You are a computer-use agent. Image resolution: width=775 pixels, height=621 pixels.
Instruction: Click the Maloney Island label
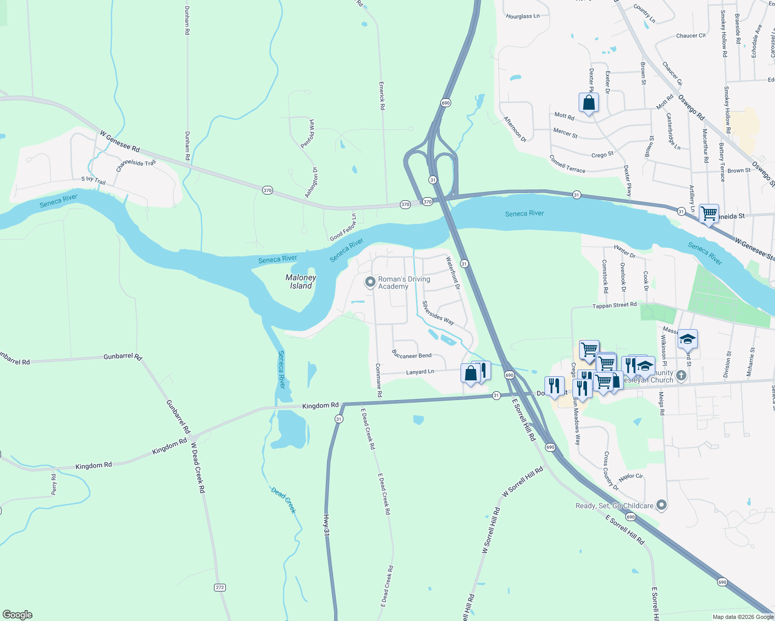[300, 282]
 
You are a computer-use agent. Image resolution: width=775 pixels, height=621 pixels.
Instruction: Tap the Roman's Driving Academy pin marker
[370, 282]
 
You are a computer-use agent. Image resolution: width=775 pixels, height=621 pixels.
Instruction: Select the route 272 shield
[220, 587]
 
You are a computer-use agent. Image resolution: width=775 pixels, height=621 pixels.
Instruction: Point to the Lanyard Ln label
[420, 372]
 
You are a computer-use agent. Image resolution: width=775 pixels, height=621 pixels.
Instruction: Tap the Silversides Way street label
[438, 313]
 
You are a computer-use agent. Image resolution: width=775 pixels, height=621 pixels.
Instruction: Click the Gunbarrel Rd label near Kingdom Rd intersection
[178, 417]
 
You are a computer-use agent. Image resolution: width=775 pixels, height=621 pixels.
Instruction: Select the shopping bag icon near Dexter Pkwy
[589, 102]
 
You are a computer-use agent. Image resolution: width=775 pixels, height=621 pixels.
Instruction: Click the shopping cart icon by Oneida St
[708, 213]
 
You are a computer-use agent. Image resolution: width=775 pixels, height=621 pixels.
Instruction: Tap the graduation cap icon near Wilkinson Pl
[687, 339]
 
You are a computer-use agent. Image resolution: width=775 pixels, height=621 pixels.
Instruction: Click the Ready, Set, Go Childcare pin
[661, 505]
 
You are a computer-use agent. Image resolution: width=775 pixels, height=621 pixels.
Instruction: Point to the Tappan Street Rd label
[614, 306]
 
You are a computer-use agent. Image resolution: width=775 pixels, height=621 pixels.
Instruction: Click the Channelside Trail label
[136, 166]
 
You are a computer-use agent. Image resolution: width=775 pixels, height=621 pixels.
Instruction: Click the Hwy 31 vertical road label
[326, 524]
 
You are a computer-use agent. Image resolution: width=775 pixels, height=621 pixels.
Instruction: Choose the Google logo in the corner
[18, 615]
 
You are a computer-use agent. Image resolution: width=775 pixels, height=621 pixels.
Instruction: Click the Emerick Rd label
[382, 95]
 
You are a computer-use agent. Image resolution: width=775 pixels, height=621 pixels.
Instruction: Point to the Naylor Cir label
[630, 477]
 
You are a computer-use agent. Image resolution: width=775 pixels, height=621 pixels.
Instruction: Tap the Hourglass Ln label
[523, 17]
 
